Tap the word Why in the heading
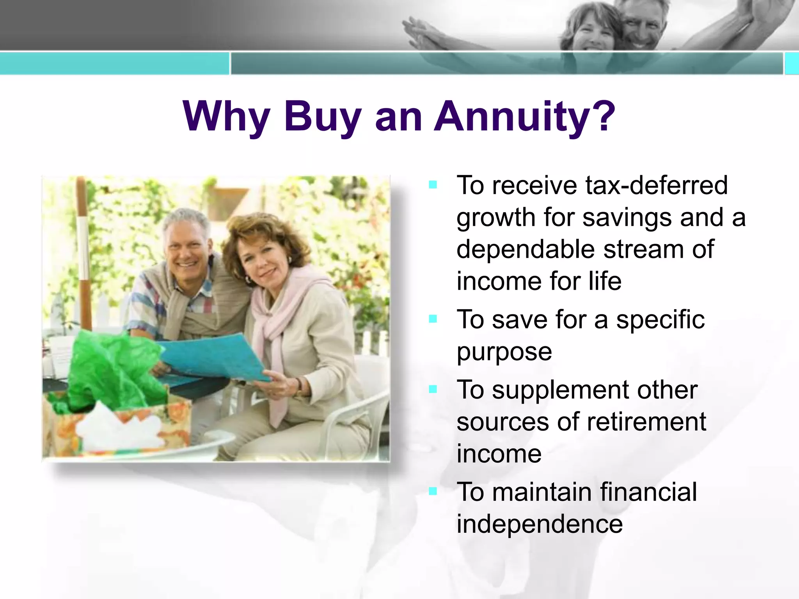coord(226,116)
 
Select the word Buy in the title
coord(322,116)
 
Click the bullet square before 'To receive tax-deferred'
coord(433,184)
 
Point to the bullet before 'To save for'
coord(433,319)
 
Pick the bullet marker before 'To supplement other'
coord(433,389)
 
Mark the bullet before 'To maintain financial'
coord(433,491)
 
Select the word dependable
coord(524,250)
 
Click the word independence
coord(540,524)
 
